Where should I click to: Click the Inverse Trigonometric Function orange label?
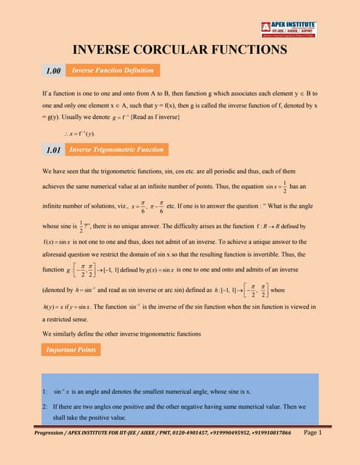point(116,150)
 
